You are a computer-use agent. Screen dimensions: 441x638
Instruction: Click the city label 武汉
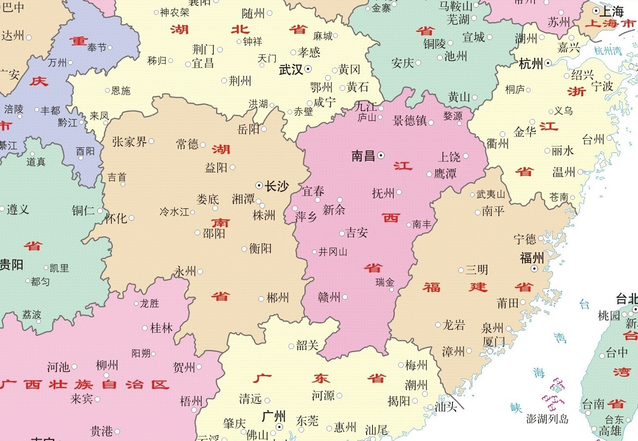pos(291,70)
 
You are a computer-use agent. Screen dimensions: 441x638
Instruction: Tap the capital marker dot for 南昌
pos(381,155)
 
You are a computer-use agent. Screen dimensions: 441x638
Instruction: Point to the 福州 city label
pos(532,258)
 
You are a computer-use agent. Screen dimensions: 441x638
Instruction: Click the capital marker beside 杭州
pos(548,64)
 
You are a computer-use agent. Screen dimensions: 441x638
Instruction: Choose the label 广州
pos(274,417)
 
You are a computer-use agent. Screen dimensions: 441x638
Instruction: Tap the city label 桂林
pos(161,328)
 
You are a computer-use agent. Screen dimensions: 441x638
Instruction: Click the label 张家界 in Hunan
pos(129,142)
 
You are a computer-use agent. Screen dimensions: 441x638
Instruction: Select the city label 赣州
pos(329,298)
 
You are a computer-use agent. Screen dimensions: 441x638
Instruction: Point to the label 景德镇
pos(410,121)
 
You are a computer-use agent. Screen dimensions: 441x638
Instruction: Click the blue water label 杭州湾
pos(608,51)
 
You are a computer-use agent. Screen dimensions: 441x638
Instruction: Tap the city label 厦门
pos(494,342)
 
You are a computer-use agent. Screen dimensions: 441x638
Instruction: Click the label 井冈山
pos(333,252)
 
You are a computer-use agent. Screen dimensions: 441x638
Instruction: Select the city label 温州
pos(563,172)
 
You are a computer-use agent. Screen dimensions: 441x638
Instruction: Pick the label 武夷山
pos(490,195)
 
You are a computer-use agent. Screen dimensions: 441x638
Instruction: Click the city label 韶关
pos(307,346)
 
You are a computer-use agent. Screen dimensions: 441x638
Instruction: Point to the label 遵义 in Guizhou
pos(18,209)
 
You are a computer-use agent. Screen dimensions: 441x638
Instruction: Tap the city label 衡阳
pos(260,248)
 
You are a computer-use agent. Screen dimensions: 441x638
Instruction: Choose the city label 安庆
pos(403,64)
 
